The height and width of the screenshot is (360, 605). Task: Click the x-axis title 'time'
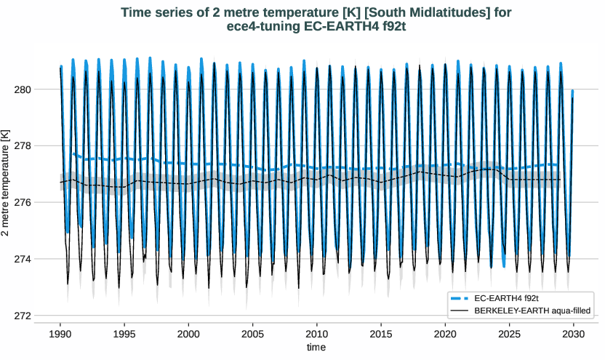tap(316, 348)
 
